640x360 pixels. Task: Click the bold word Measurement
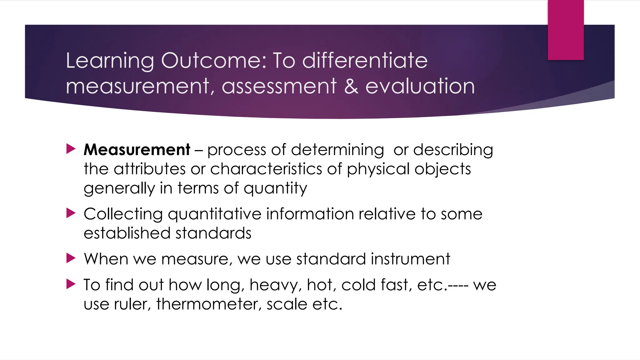(137, 150)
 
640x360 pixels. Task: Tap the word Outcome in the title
(214, 60)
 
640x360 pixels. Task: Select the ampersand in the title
(351, 86)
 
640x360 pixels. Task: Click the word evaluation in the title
(420, 86)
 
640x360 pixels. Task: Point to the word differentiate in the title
(365, 60)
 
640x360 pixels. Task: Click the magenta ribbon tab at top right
(566, 30)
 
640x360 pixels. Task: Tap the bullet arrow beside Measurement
(71, 149)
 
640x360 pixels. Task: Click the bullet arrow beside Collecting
(71, 213)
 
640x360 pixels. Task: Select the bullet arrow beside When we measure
(71, 258)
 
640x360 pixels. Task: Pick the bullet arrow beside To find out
(71, 284)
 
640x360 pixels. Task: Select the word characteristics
(266, 169)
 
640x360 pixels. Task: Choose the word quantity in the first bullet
(275, 189)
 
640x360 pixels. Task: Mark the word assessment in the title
(279, 86)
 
